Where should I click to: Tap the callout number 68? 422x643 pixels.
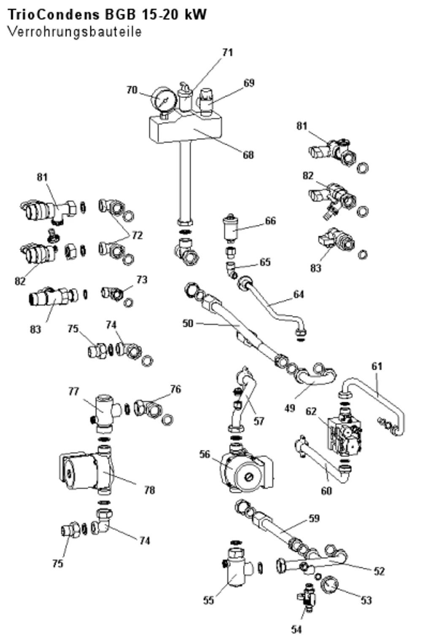tap(249, 155)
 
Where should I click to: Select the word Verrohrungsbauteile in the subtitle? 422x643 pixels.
tap(75, 32)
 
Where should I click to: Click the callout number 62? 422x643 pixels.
tap(311, 411)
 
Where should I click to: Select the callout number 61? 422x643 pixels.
tap(377, 366)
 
